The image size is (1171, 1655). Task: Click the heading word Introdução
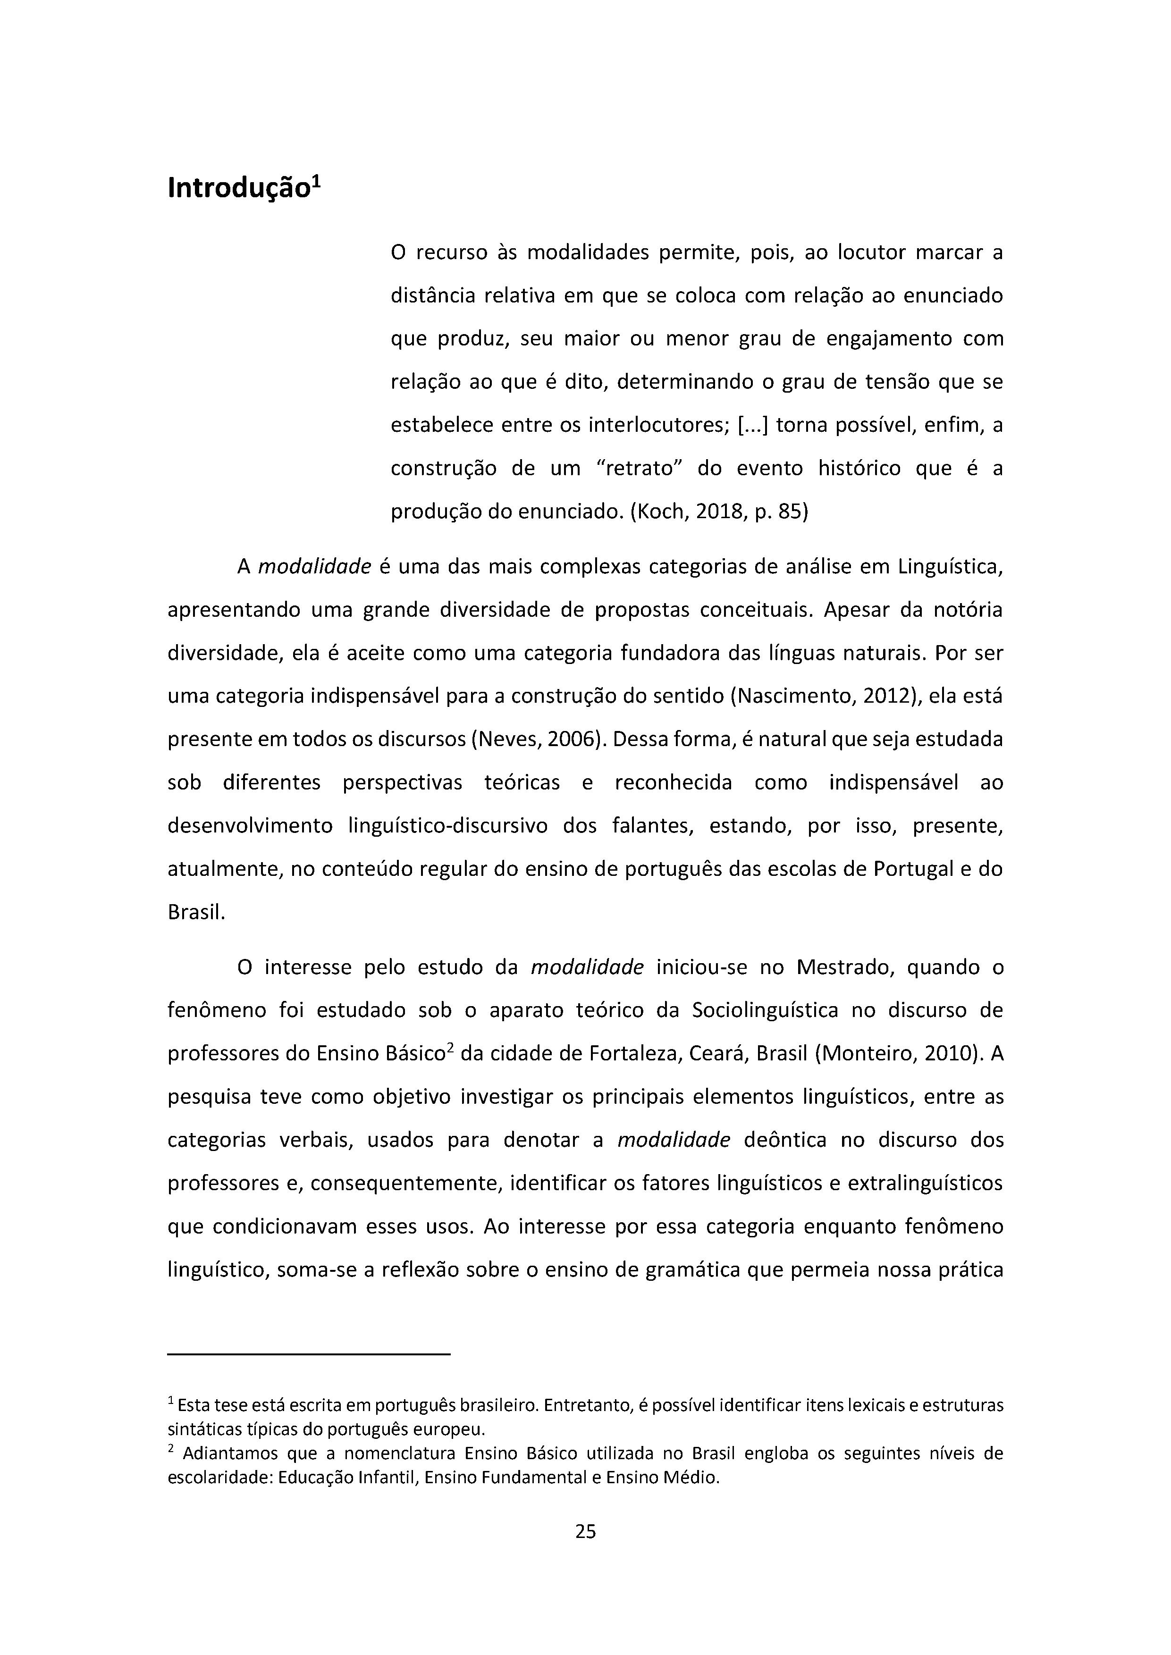[x=238, y=189]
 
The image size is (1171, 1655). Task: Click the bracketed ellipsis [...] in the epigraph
[x=753, y=425]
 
